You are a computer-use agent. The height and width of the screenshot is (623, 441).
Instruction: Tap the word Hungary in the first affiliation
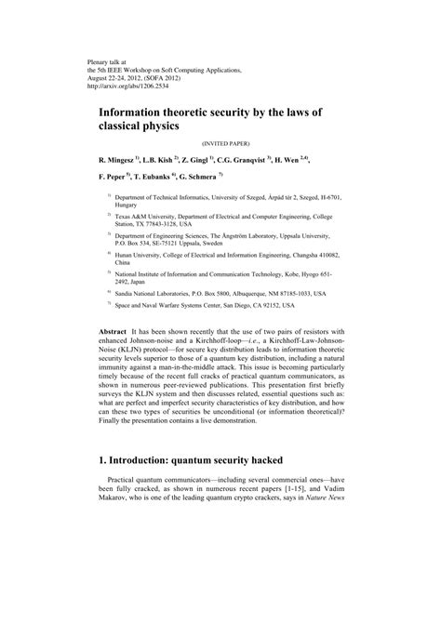coord(127,204)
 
